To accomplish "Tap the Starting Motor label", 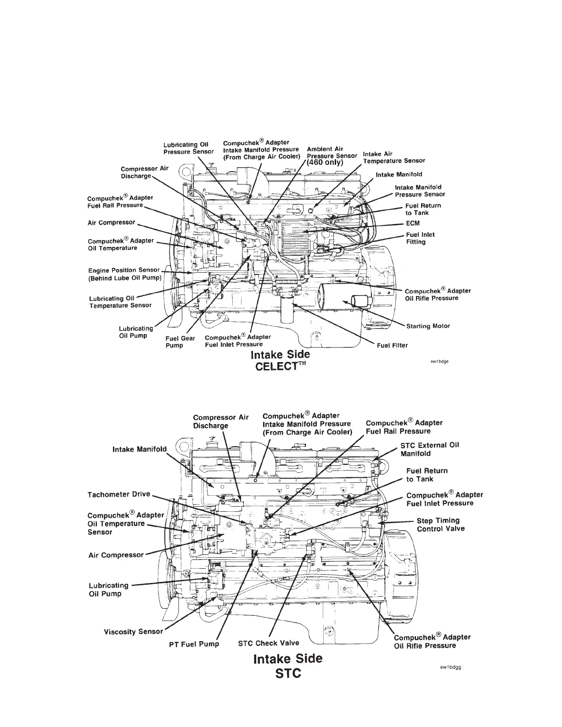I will (x=428, y=326).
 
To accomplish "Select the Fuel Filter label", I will (x=392, y=345).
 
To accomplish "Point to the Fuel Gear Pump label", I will (x=180, y=342).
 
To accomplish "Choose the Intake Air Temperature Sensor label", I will (x=393, y=157).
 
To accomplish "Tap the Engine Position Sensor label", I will (x=124, y=274).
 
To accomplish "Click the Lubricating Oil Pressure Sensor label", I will (x=188, y=148).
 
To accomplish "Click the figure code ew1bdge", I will (x=440, y=361).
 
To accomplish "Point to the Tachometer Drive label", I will (x=118, y=495).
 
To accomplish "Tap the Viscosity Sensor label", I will (x=133, y=632).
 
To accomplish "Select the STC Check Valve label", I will (x=269, y=643).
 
